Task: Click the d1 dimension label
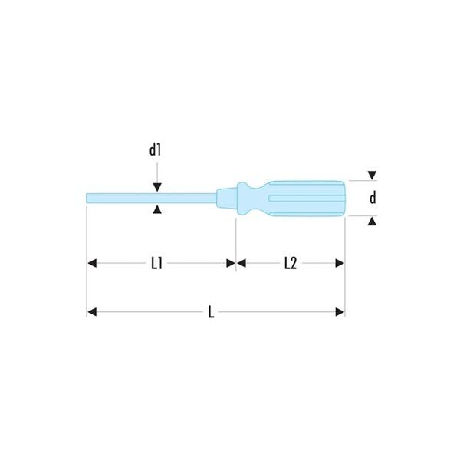click(155, 150)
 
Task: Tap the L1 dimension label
click(156, 263)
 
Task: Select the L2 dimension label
click(291, 263)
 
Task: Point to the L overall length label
click(211, 312)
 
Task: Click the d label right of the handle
click(373, 198)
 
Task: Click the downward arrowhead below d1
click(157, 187)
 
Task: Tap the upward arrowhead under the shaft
click(157, 209)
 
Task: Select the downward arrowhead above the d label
click(372, 176)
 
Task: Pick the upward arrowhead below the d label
click(372, 221)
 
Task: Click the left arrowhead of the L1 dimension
click(92, 263)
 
